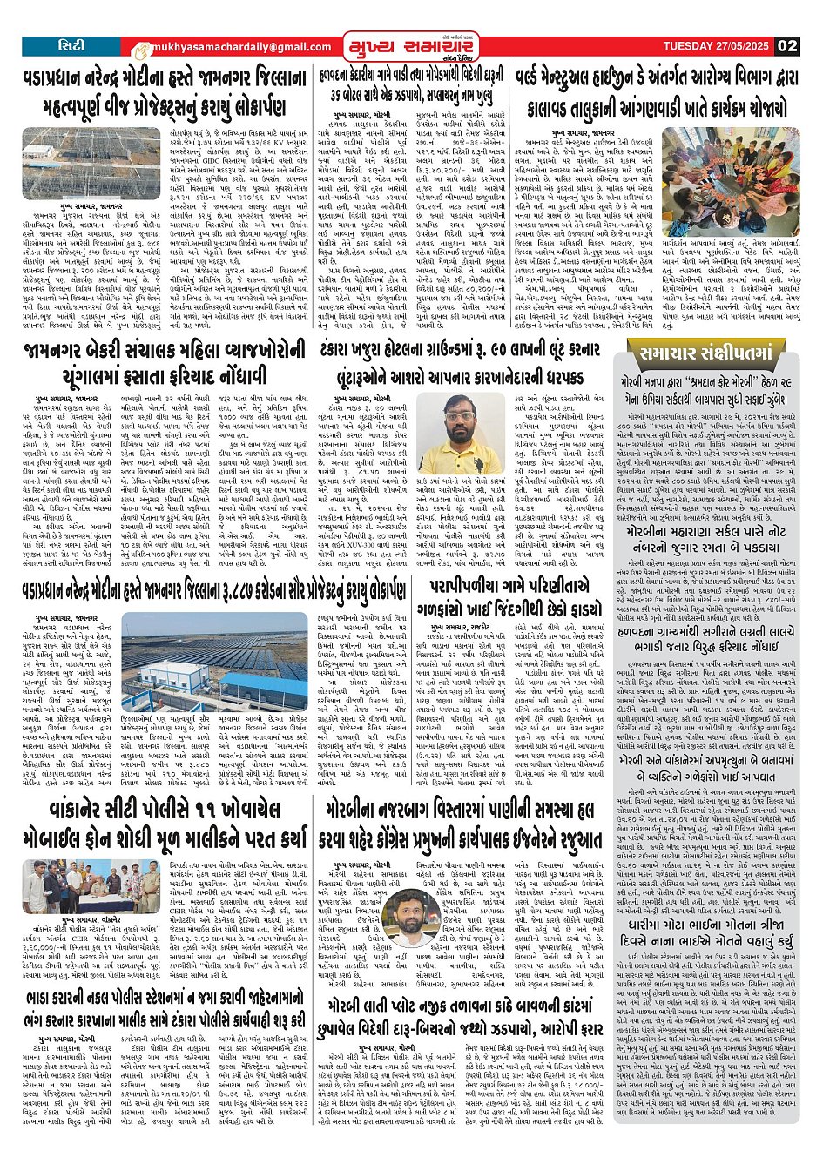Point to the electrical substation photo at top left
click(80, 163)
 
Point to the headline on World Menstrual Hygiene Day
click(656, 93)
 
